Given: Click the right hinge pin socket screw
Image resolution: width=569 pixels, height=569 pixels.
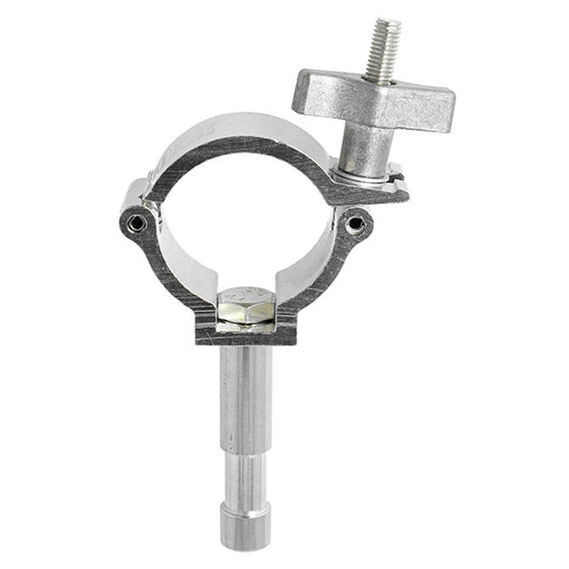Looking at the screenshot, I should pyautogui.click(x=357, y=224).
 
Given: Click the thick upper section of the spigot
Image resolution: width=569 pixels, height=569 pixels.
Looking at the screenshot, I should pyautogui.click(x=245, y=391).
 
